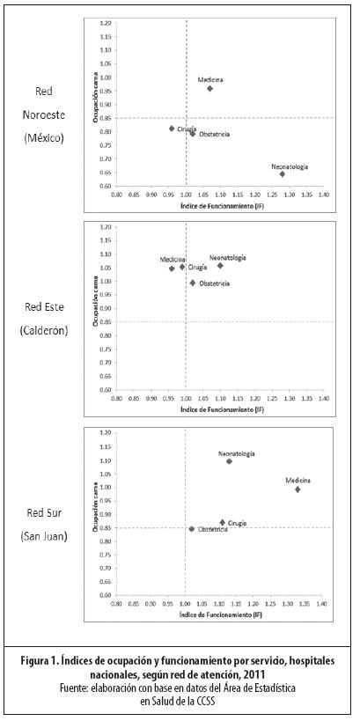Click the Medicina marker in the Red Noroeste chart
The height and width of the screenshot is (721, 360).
click(209, 88)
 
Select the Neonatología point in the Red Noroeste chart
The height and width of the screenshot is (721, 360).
click(282, 173)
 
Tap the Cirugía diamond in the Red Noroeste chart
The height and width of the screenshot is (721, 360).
click(172, 129)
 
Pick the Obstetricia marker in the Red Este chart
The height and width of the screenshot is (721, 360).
click(193, 283)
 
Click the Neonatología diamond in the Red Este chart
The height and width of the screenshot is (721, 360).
click(220, 266)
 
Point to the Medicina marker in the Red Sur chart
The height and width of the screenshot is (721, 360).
click(298, 489)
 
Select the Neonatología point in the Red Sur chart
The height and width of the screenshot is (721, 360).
click(230, 461)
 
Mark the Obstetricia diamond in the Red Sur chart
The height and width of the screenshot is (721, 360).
click(192, 529)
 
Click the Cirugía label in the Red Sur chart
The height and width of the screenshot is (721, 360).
click(238, 523)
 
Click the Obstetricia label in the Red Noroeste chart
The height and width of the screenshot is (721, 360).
click(215, 135)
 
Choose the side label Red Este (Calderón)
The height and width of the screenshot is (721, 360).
click(44, 318)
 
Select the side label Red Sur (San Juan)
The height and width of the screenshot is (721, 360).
click(44, 524)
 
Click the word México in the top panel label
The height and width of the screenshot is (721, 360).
click(44, 138)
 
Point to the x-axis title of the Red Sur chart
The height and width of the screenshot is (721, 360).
click(222, 614)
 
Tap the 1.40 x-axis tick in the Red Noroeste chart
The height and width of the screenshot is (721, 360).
click(324, 195)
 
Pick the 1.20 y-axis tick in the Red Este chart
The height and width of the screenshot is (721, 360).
click(107, 227)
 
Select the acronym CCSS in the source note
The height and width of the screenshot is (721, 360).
click(205, 702)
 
